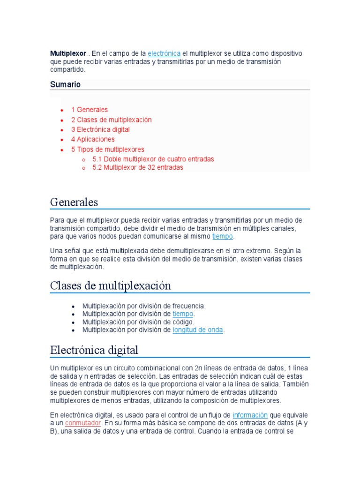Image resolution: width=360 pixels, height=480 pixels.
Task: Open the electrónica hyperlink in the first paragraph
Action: tap(164, 53)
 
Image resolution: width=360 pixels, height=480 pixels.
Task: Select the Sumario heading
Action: tap(65, 84)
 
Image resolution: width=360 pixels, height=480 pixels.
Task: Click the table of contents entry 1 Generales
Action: tap(90, 110)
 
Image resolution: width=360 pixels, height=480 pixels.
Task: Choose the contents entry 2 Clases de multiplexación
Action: tap(111, 120)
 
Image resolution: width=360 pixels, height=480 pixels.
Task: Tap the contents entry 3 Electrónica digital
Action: tap(100, 129)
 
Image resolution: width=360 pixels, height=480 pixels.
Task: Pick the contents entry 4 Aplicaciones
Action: tap(93, 139)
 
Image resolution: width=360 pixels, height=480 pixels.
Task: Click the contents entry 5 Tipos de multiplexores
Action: tap(108, 150)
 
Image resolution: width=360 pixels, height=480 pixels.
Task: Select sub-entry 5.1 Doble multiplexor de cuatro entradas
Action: tap(153, 159)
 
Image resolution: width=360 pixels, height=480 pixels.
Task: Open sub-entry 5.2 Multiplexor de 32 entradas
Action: tap(138, 167)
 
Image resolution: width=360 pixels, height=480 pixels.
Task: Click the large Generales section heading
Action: tap(74, 202)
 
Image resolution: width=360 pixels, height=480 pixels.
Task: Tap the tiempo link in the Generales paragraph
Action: tap(222, 236)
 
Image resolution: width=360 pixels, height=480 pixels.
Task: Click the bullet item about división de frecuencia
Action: tap(144, 306)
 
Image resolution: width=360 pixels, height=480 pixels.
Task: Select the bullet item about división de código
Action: tap(138, 322)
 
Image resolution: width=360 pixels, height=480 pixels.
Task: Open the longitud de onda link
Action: tap(198, 330)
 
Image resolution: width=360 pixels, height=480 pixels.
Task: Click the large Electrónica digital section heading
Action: tap(94, 350)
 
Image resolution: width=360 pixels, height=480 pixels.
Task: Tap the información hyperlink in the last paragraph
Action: tap(250, 415)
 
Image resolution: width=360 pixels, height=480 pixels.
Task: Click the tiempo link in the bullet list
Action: tap(183, 314)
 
